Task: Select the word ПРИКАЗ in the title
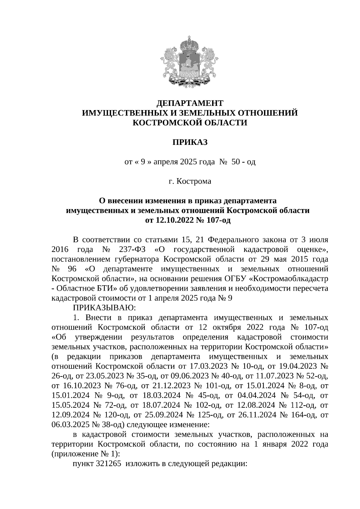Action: (x=190, y=142)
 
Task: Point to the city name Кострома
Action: (x=193, y=181)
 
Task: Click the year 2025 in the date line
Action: (x=188, y=162)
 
